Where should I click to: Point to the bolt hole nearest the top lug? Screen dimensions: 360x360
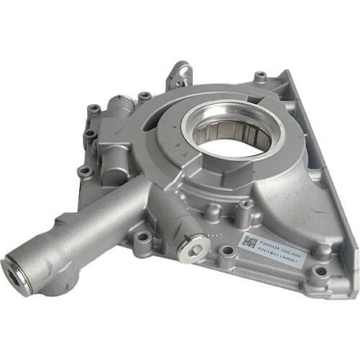point(145,96)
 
